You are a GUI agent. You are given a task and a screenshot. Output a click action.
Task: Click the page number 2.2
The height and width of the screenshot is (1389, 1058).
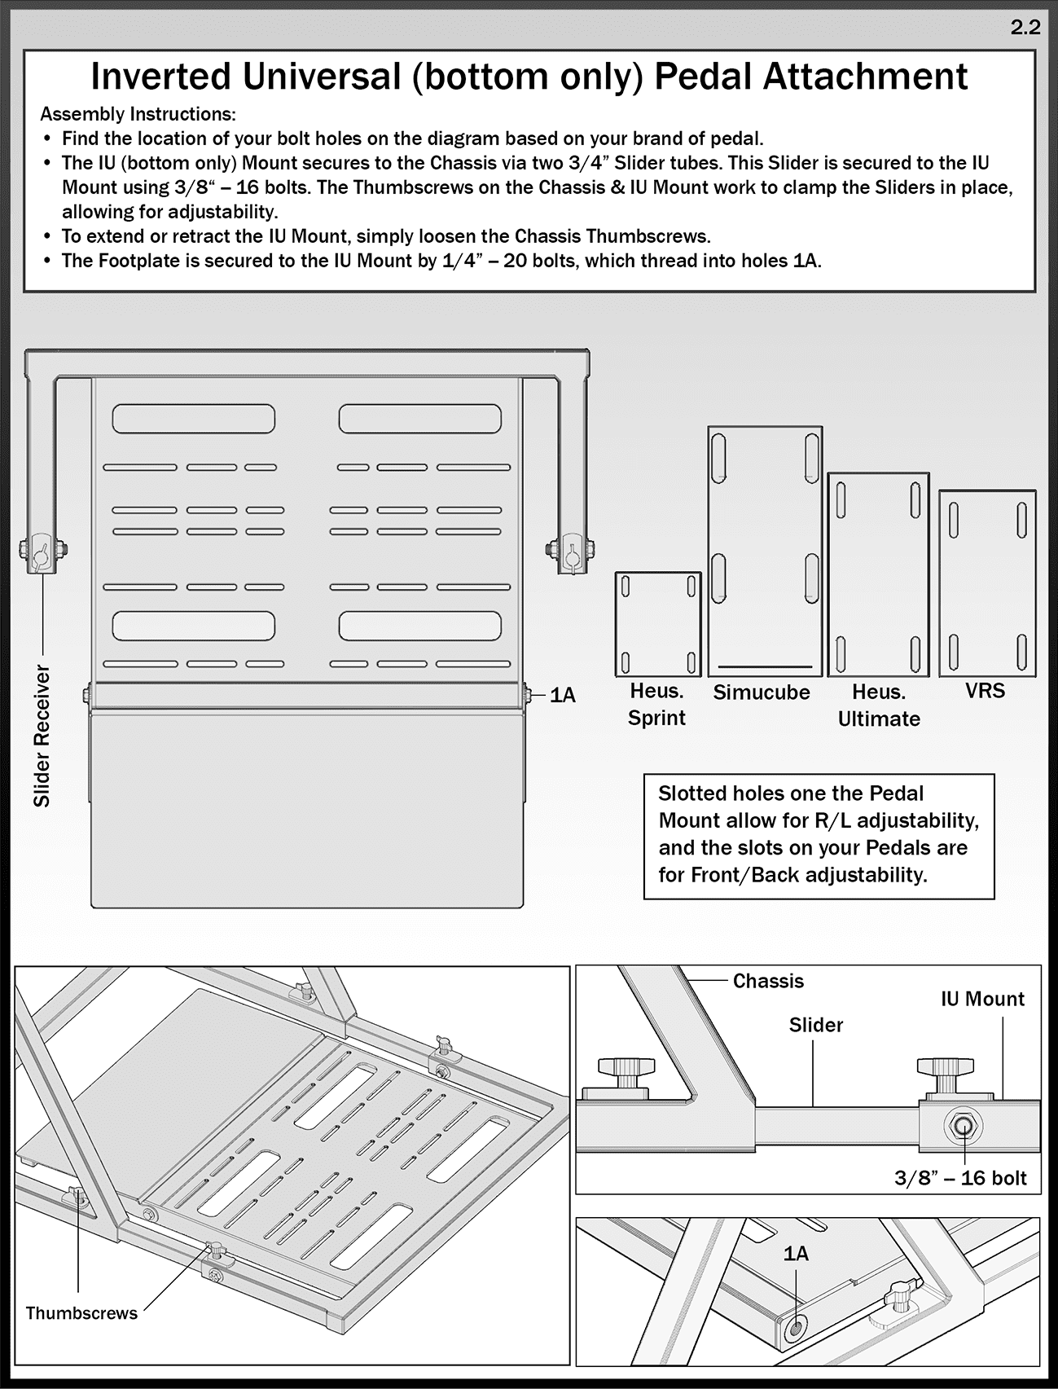pyautogui.click(x=1025, y=27)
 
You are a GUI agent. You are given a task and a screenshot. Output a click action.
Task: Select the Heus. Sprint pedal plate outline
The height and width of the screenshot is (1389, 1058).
pyautogui.click(x=657, y=624)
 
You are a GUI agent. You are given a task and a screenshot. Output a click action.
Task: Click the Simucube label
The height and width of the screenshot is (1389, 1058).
pyautogui.click(x=762, y=692)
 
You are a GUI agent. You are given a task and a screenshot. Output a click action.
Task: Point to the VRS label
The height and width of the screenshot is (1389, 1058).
pyautogui.click(x=985, y=691)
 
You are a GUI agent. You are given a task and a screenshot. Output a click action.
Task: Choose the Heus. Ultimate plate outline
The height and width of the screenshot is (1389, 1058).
pyautogui.click(x=878, y=574)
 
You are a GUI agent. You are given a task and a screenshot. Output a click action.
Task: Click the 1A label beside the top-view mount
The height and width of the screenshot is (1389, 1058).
pyautogui.click(x=563, y=696)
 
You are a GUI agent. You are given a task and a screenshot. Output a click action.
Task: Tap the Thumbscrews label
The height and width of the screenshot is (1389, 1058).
pyautogui.click(x=81, y=1313)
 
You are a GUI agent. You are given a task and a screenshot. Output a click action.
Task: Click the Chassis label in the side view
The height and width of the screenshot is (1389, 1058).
pyautogui.click(x=767, y=981)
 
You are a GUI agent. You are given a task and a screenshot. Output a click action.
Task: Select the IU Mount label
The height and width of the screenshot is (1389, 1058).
pyautogui.click(x=982, y=999)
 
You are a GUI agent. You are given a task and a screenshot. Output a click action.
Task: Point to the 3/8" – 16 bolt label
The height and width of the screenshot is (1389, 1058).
pyautogui.click(x=960, y=1178)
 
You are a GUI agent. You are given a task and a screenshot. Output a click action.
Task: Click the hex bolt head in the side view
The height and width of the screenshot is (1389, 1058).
pyautogui.click(x=964, y=1126)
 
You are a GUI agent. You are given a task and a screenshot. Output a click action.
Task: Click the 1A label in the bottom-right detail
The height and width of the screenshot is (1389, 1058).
pyautogui.click(x=796, y=1254)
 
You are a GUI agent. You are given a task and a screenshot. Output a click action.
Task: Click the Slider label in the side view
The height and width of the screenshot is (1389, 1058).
pyautogui.click(x=815, y=1025)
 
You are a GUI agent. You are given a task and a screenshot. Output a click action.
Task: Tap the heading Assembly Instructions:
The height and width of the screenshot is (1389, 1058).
pyautogui.click(x=138, y=114)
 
